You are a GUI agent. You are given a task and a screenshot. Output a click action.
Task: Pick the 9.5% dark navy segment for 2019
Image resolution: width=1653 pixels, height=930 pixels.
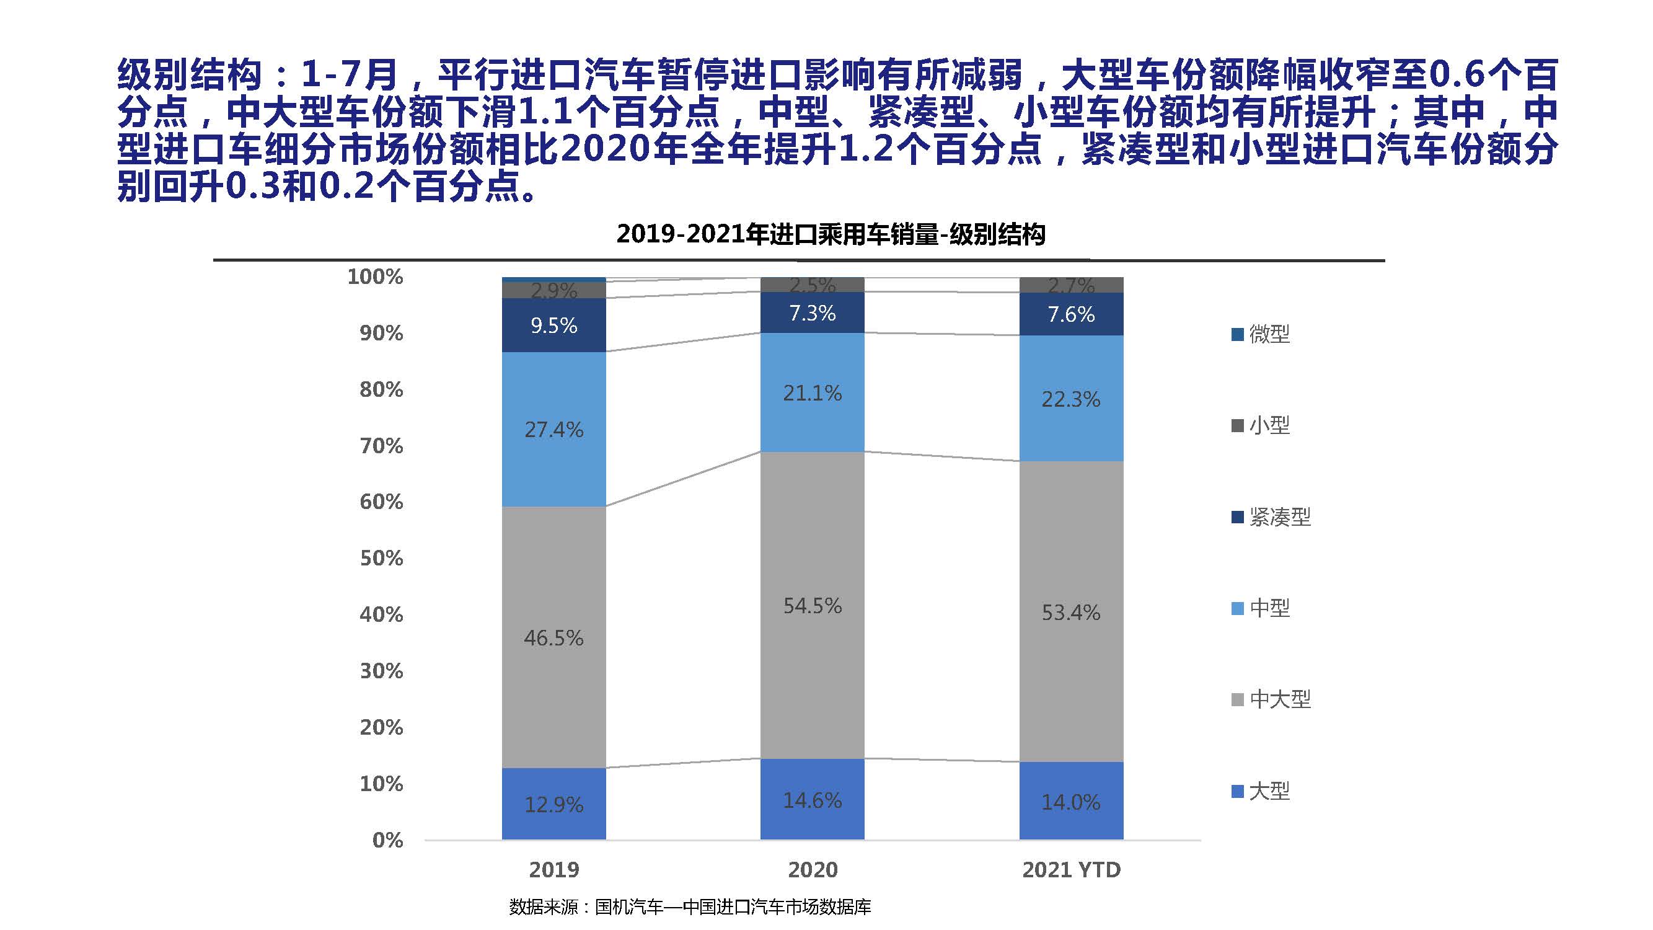(553, 325)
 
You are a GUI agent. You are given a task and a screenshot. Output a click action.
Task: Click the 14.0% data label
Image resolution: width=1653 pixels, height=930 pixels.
(1070, 802)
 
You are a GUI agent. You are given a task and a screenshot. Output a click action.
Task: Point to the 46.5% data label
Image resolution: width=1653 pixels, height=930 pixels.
(553, 637)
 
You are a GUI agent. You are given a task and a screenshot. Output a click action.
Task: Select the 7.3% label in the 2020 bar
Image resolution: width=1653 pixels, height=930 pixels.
(812, 313)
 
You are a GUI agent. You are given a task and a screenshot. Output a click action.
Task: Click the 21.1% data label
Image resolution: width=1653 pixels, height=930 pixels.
(812, 393)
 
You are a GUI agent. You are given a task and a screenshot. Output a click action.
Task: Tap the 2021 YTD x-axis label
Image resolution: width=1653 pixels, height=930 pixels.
(1070, 870)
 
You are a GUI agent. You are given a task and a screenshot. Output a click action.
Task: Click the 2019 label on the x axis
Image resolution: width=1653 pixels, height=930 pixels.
(553, 870)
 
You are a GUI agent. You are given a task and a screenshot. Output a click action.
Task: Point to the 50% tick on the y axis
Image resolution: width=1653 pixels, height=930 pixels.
(381, 558)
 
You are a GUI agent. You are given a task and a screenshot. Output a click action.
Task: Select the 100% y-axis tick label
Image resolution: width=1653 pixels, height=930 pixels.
(375, 277)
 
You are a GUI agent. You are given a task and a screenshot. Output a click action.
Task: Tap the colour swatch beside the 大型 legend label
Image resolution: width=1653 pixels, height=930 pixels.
(1237, 791)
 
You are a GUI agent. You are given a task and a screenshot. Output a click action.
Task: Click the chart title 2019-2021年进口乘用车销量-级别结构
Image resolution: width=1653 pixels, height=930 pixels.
(831, 234)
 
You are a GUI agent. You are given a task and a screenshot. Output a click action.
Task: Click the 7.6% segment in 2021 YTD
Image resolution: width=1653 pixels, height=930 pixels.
(1070, 314)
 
